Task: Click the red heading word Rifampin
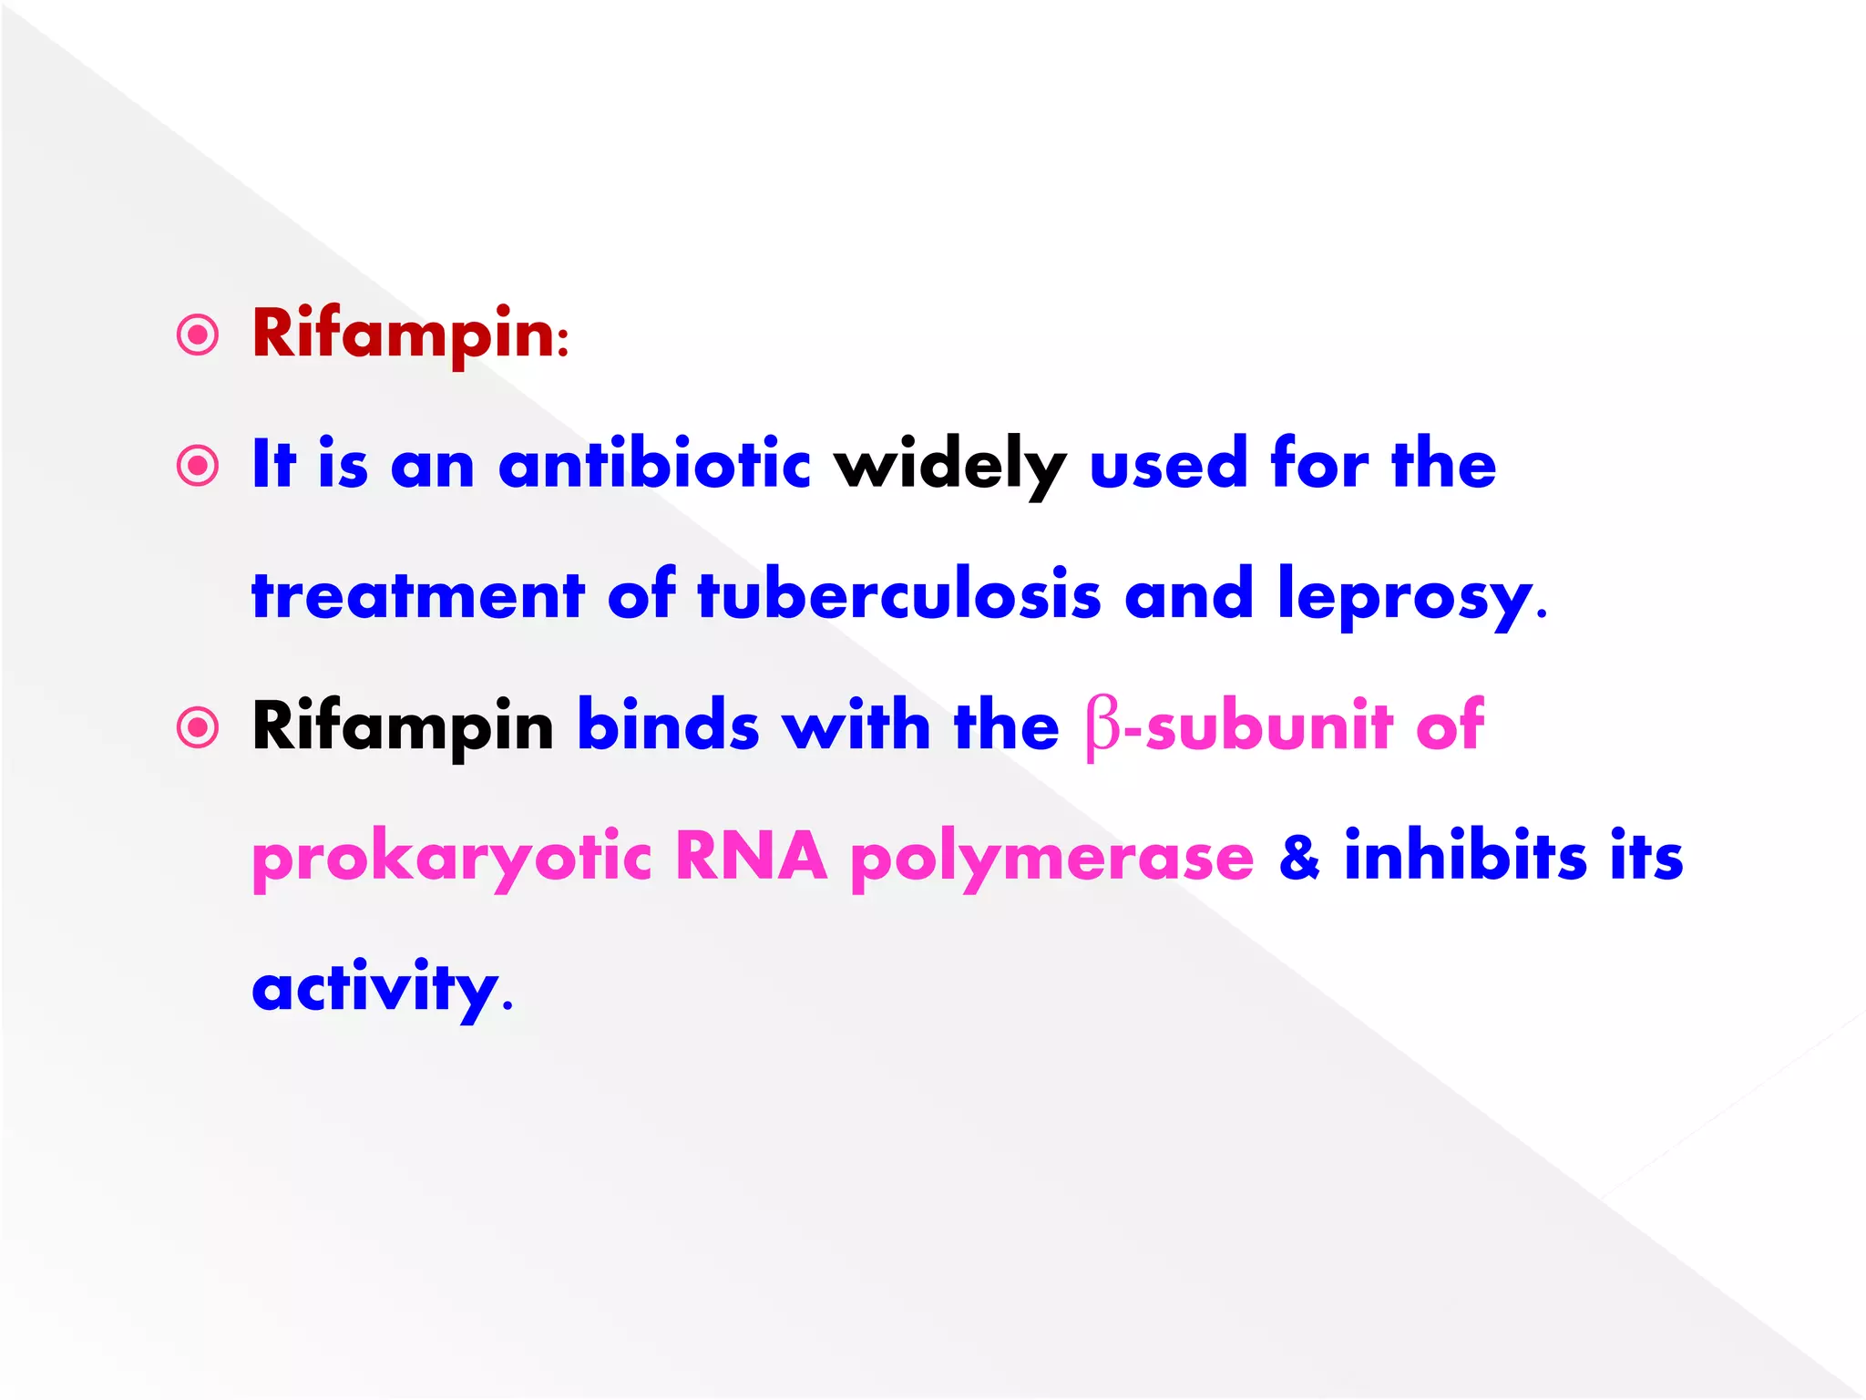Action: pyautogui.click(x=403, y=335)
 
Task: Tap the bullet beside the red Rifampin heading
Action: pyautogui.click(x=198, y=335)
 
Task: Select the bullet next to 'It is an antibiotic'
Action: pyautogui.click(x=198, y=466)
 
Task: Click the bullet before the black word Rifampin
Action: pyautogui.click(x=198, y=727)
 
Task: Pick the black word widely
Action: pyautogui.click(x=949, y=466)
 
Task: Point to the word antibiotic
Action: pyautogui.click(x=653, y=464)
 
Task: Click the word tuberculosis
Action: pyautogui.click(x=898, y=595)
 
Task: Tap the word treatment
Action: pyautogui.click(x=417, y=595)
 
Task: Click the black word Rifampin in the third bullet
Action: pyautogui.click(x=403, y=727)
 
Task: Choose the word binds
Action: pyautogui.click(x=668, y=726)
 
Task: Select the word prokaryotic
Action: pyautogui.click(x=452, y=859)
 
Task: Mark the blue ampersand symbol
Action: pyautogui.click(x=1299, y=858)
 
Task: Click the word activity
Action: pyautogui.click(x=374, y=989)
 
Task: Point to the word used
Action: pyautogui.click(x=1168, y=464)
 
